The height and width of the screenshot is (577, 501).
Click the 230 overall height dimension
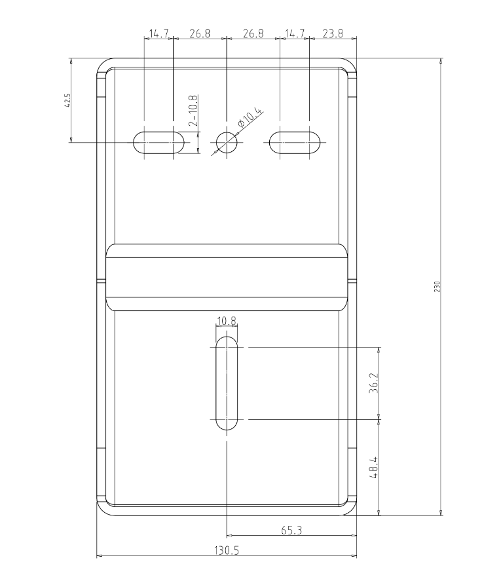(437, 287)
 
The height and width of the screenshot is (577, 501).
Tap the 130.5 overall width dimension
(227, 550)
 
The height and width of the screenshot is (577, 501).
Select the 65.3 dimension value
(291, 530)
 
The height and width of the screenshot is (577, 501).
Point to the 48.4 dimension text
(374, 468)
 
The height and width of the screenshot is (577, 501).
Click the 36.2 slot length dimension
(374, 383)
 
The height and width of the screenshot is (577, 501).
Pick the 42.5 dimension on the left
(67, 100)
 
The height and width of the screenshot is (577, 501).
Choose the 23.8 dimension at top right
(333, 33)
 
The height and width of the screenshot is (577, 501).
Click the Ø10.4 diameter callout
(250, 118)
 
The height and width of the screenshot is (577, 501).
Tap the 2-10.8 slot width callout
(193, 111)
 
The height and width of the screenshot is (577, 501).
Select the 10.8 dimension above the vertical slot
(227, 322)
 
